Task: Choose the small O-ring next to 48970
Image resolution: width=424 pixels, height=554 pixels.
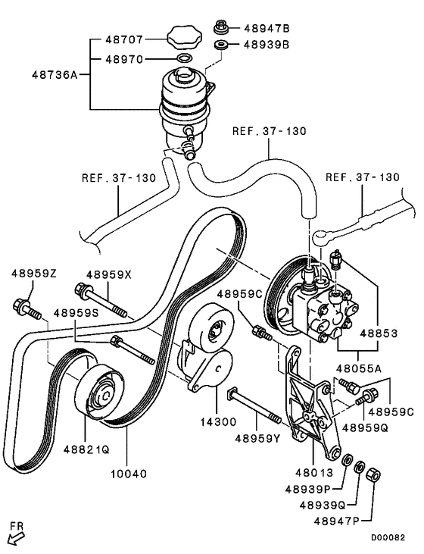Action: pyautogui.click(x=182, y=58)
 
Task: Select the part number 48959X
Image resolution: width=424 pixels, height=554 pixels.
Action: pyautogui.click(x=108, y=275)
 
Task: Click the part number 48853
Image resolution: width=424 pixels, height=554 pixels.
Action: pyautogui.click(x=378, y=332)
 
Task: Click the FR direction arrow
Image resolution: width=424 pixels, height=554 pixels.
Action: pyautogui.click(x=14, y=537)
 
